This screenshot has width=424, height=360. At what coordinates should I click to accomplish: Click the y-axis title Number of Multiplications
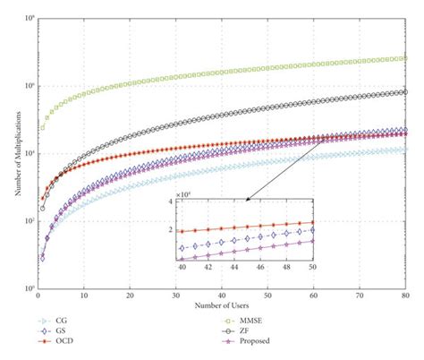point(11,152)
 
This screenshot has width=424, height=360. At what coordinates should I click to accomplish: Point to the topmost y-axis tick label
point(29,18)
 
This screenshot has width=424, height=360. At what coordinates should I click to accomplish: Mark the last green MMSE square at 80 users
point(405,58)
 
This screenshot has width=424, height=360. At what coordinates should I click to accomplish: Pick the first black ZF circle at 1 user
point(42,208)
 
